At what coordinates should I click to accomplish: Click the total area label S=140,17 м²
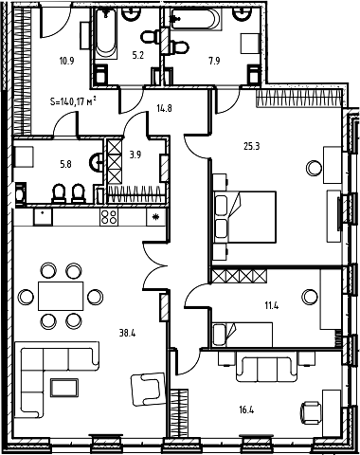coord(73,101)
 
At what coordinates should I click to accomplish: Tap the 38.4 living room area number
coord(127,333)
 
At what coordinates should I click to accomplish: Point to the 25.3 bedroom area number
coord(252,146)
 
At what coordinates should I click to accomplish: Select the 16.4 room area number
coord(246,410)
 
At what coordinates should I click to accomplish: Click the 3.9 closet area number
coord(135,155)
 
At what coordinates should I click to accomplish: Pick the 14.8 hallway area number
coord(164,108)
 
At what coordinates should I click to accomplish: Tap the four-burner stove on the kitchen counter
coord(109,217)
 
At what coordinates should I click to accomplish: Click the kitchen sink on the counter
coord(43,216)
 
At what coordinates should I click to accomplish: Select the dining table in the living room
coord(61,296)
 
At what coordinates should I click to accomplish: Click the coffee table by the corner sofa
coord(64,388)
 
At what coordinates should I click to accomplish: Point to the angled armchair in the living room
coord(149,389)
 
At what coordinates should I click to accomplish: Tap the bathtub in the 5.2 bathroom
coord(106,33)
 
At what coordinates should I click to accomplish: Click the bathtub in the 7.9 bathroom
coord(194,19)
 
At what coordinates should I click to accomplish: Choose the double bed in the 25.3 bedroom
coord(244,217)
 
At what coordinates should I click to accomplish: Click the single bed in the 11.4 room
coord(243,335)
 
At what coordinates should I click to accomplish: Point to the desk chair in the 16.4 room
coord(310,412)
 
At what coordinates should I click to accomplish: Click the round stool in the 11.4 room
coord(310,297)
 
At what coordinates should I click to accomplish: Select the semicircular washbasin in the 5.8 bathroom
coord(97,162)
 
